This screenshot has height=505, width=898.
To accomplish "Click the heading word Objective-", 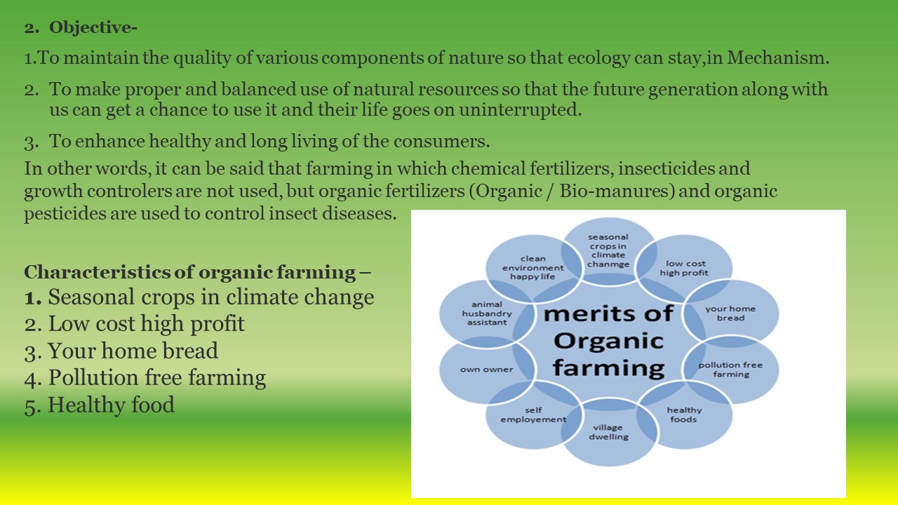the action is point(93,27).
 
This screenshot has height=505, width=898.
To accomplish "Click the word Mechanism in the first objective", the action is point(776,58).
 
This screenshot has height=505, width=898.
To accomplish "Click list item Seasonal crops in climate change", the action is point(199,297).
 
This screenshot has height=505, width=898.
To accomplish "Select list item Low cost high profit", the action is point(134,324).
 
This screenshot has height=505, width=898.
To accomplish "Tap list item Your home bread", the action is point(121,351).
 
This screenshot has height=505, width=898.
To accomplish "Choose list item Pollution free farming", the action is point(145,377).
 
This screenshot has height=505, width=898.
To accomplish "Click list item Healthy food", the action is point(100,405).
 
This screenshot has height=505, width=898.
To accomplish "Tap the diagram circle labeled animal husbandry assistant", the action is point(487,314).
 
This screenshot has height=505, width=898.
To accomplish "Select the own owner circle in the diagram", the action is point(487,370).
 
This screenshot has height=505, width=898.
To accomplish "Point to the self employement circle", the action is point(533,415).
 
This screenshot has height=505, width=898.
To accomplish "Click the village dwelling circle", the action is point(608,432).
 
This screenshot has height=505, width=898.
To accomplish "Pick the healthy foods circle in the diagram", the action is point(684,415).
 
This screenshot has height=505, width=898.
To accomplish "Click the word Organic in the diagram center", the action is point(608,341).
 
